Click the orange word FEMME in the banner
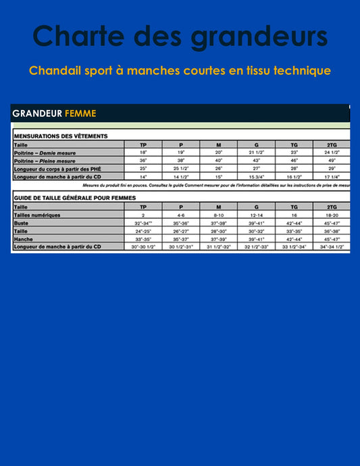[x=80, y=113]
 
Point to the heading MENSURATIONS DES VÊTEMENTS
[x=60, y=136]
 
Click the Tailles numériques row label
[x=36, y=215]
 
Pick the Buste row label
[x=21, y=222]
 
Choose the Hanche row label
[x=23, y=238]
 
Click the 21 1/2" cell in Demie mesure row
[x=256, y=153]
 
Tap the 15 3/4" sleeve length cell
[x=256, y=176]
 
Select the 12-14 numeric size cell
[x=256, y=215]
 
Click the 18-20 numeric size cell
[x=332, y=215]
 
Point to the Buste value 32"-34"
[x=143, y=222]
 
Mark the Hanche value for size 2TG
[x=332, y=238]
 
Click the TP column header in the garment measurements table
[x=143, y=145]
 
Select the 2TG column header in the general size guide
[x=332, y=207]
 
